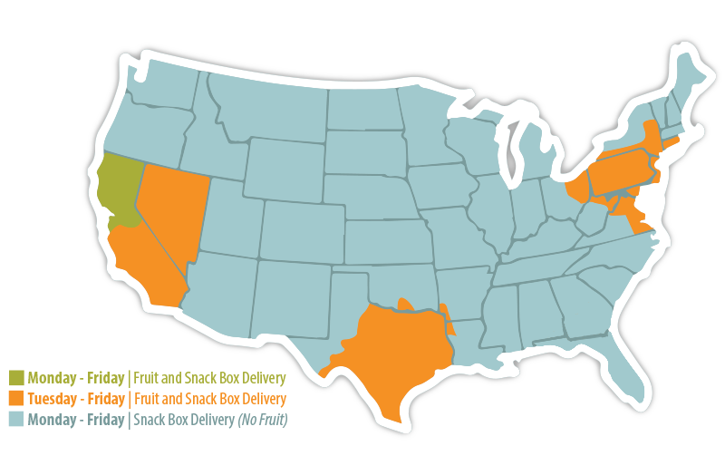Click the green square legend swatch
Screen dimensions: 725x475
[x=16, y=377]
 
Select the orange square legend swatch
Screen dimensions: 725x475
[x=16, y=399]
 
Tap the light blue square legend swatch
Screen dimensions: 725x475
[x=16, y=420]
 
